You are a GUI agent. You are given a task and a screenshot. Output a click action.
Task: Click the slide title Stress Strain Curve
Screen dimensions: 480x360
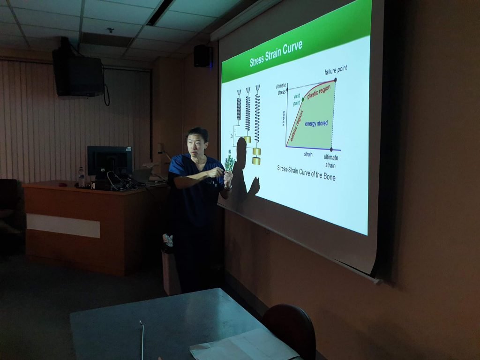(276, 54)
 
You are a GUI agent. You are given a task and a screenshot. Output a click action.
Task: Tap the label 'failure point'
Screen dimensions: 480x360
(336, 70)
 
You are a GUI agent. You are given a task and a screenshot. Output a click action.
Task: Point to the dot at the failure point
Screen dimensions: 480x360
(335, 80)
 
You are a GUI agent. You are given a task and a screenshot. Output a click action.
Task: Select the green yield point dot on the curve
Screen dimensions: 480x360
(303, 99)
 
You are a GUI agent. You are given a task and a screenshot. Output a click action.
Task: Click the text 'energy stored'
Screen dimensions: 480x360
(316, 123)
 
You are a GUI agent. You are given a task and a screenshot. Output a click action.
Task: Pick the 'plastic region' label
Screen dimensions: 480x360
(319, 92)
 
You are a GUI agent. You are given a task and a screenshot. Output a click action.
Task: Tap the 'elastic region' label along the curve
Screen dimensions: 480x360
(296, 126)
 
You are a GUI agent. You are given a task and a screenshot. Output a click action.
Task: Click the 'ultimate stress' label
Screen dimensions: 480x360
(281, 89)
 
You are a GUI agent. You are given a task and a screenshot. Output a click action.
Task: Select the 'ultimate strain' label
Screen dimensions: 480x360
(330, 161)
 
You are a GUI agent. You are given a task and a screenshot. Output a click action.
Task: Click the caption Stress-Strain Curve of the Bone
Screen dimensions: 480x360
(306, 173)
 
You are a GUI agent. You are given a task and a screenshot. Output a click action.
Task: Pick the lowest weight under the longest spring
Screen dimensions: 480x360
(256, 161)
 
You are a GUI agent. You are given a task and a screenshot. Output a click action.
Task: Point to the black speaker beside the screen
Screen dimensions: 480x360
(203, 56)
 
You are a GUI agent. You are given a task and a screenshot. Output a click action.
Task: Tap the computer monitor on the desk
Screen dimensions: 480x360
(110, 162)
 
